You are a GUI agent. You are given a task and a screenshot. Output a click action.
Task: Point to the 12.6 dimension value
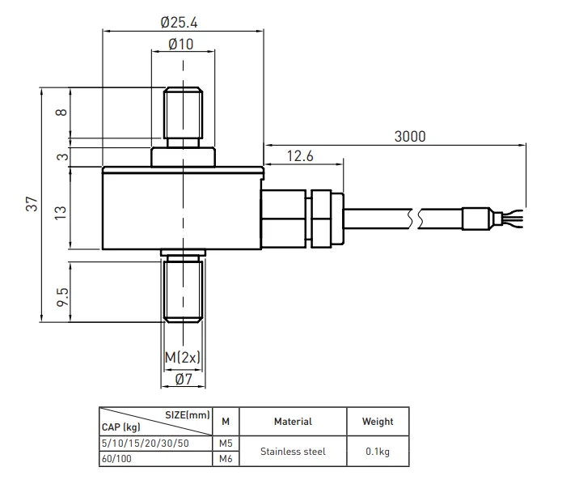click(x=299, y=155)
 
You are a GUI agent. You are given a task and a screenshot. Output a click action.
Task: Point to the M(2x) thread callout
click(x=182, y=357)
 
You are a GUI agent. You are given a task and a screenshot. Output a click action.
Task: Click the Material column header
click(x=293, y=421)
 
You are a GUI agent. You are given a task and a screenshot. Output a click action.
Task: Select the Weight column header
click(x=378, y=421)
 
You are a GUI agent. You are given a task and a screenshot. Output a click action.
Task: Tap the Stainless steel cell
click(x=293, y=452)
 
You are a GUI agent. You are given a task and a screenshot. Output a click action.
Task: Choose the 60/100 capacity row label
click(x=118, y=459)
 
